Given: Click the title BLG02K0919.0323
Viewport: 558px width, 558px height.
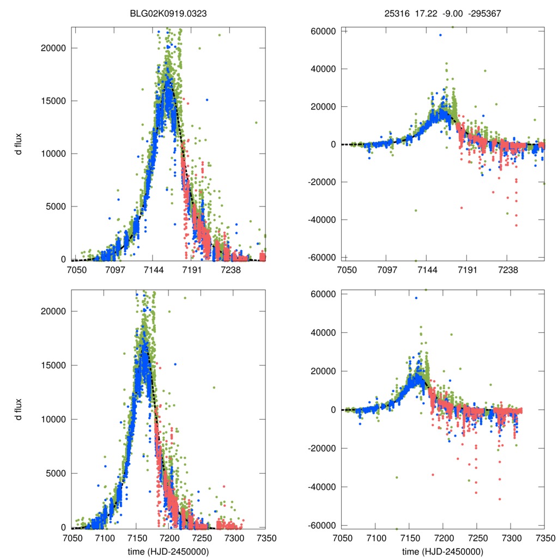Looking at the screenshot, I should pyautogui.click(x=168, y=15).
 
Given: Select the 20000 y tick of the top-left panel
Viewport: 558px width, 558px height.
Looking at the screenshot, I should pyautogui.click(x=53, y=48).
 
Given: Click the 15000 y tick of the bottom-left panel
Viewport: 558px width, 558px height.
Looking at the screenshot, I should pyautogui.click(x=53, y=366).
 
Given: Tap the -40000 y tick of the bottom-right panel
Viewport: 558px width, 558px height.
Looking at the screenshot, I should pyautogui.click(x=323, y=487).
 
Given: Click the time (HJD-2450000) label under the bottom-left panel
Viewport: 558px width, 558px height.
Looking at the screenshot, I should pyautogui.click(x=168, y=551).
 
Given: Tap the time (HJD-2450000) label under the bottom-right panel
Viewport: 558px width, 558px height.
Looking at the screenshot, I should pyautogui.click(x=443, y=551).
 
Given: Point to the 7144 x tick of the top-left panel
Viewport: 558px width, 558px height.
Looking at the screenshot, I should pyautogui.click(x=152, y=269).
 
